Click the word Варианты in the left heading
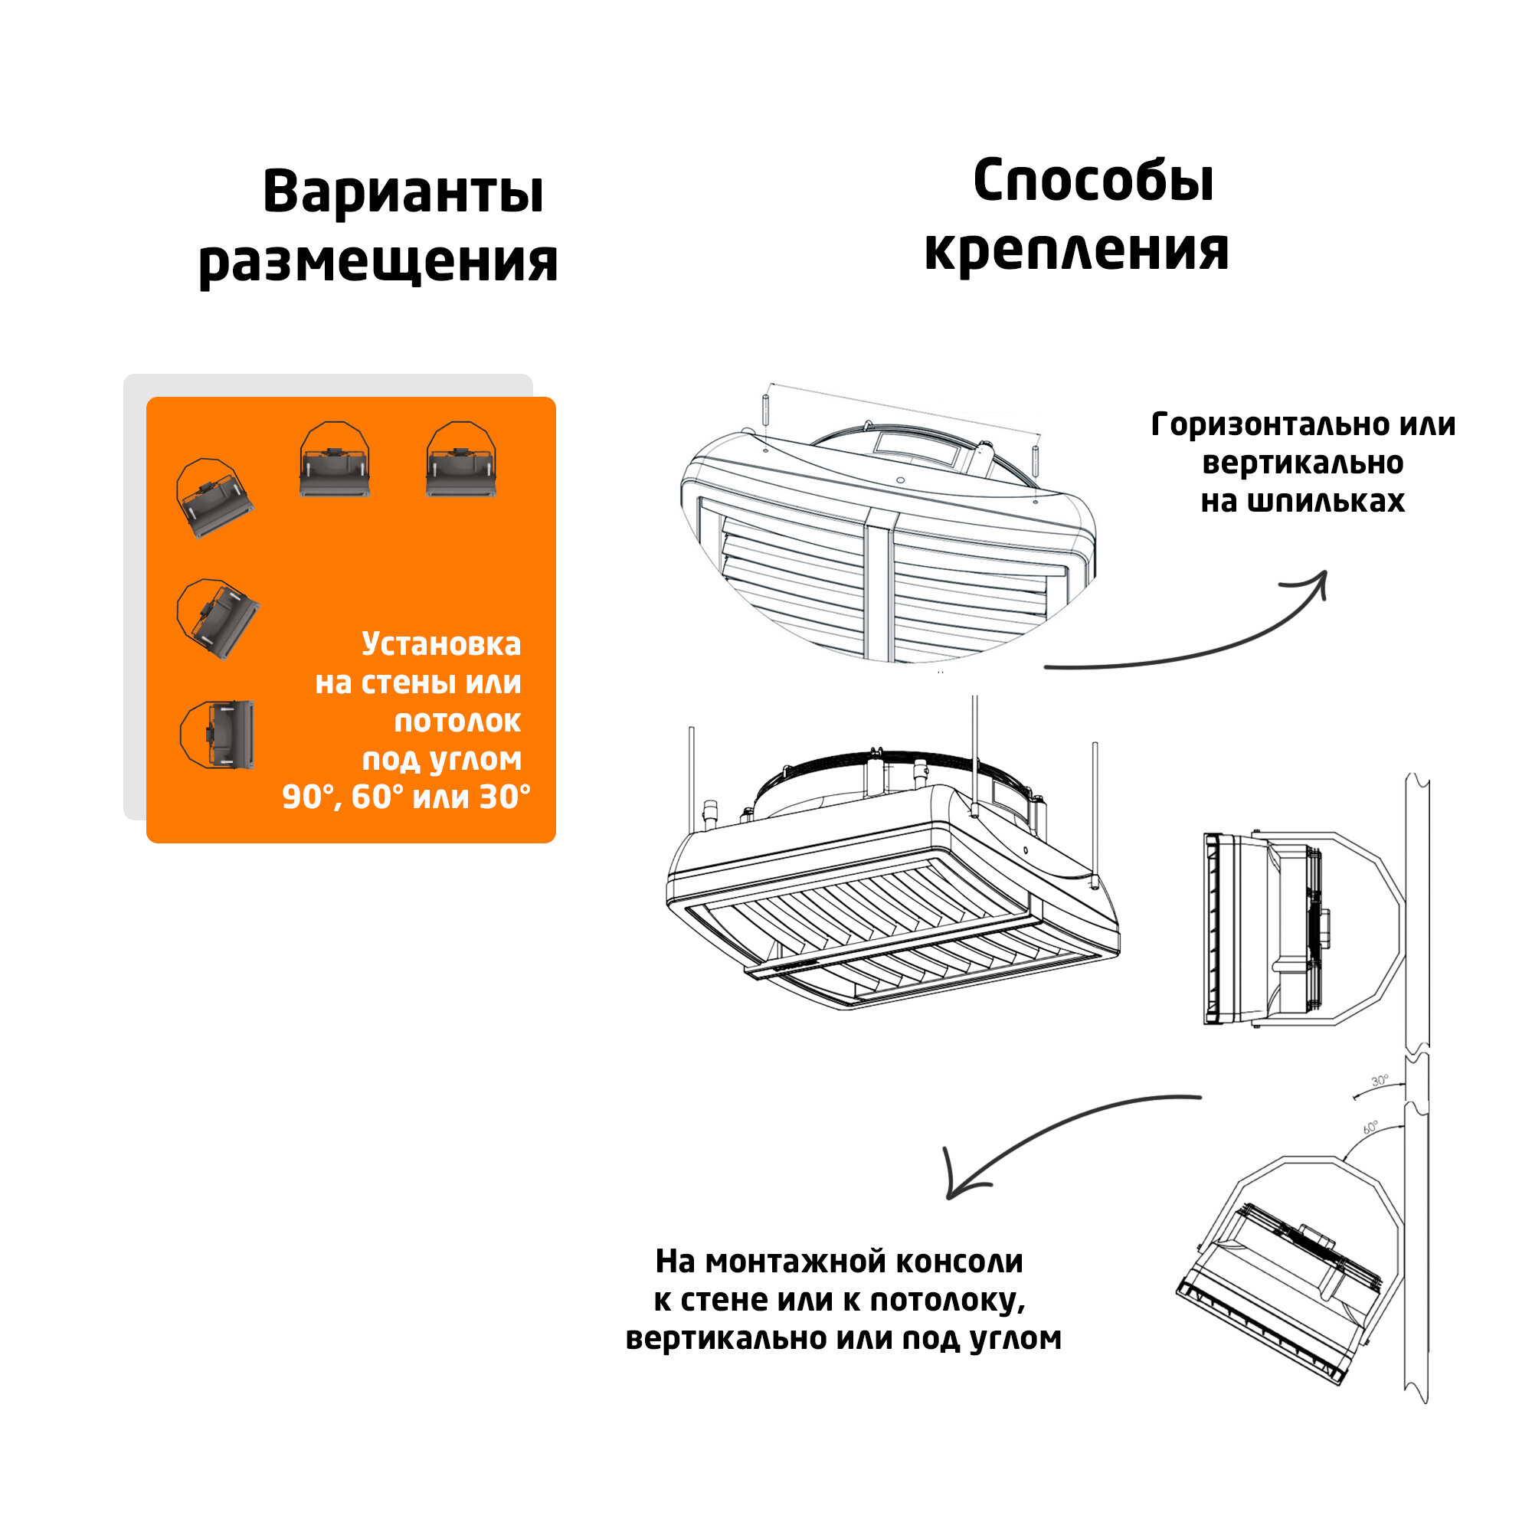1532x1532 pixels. coord(403,193)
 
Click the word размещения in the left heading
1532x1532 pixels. coord(378,262)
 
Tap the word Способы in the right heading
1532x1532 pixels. coord(1093,182)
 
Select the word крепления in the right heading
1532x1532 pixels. coord(1076,250)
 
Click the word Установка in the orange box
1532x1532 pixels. coord(441,644)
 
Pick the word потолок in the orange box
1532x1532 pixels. coord(457,721)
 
